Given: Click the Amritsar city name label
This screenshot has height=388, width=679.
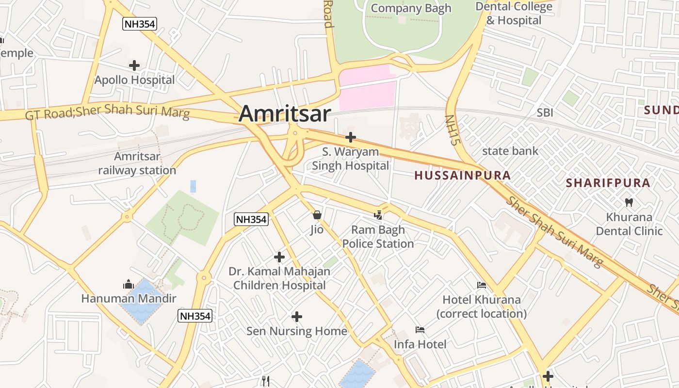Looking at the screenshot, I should point(285,114).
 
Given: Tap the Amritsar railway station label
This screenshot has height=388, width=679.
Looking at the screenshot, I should point(137,163).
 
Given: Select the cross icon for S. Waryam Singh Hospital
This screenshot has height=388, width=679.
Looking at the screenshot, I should point(351,137).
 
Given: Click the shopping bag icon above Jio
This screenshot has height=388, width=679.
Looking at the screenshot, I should point(317,215).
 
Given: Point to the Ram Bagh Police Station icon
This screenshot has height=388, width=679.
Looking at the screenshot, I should point(378,215).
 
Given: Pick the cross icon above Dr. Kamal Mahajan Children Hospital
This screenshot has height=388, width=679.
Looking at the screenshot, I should point(279,257).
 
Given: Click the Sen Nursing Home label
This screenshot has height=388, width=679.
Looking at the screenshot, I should point(297,331).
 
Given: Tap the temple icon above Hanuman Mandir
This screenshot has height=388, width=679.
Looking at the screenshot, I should point(129,284).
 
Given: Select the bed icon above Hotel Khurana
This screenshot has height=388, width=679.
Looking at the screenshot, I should point(482,285).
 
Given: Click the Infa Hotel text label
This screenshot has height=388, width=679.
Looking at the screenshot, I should point(420,344).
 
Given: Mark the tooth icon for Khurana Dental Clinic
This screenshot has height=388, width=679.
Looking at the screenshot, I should point(629,202).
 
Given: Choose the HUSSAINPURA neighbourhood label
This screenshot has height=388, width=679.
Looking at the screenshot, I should point(463,176).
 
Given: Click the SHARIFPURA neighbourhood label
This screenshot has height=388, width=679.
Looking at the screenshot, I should point(608,183).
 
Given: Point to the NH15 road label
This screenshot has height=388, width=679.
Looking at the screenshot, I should point(452,130).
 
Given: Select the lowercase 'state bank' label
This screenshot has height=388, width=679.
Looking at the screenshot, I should point(510,151).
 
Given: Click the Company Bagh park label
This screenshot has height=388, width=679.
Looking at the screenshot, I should point(411,8).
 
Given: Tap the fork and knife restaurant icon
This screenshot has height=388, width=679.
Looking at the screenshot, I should point(265,381).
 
